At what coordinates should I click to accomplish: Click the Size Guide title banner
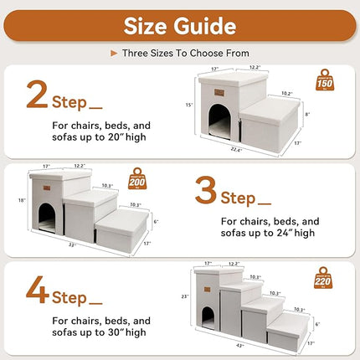[180, 25]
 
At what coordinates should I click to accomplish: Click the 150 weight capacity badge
[325, 82]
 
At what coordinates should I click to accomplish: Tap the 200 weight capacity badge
[138, 180]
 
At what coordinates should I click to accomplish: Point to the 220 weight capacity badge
[322, 277]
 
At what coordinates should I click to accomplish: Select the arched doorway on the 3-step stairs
[46, 220]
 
